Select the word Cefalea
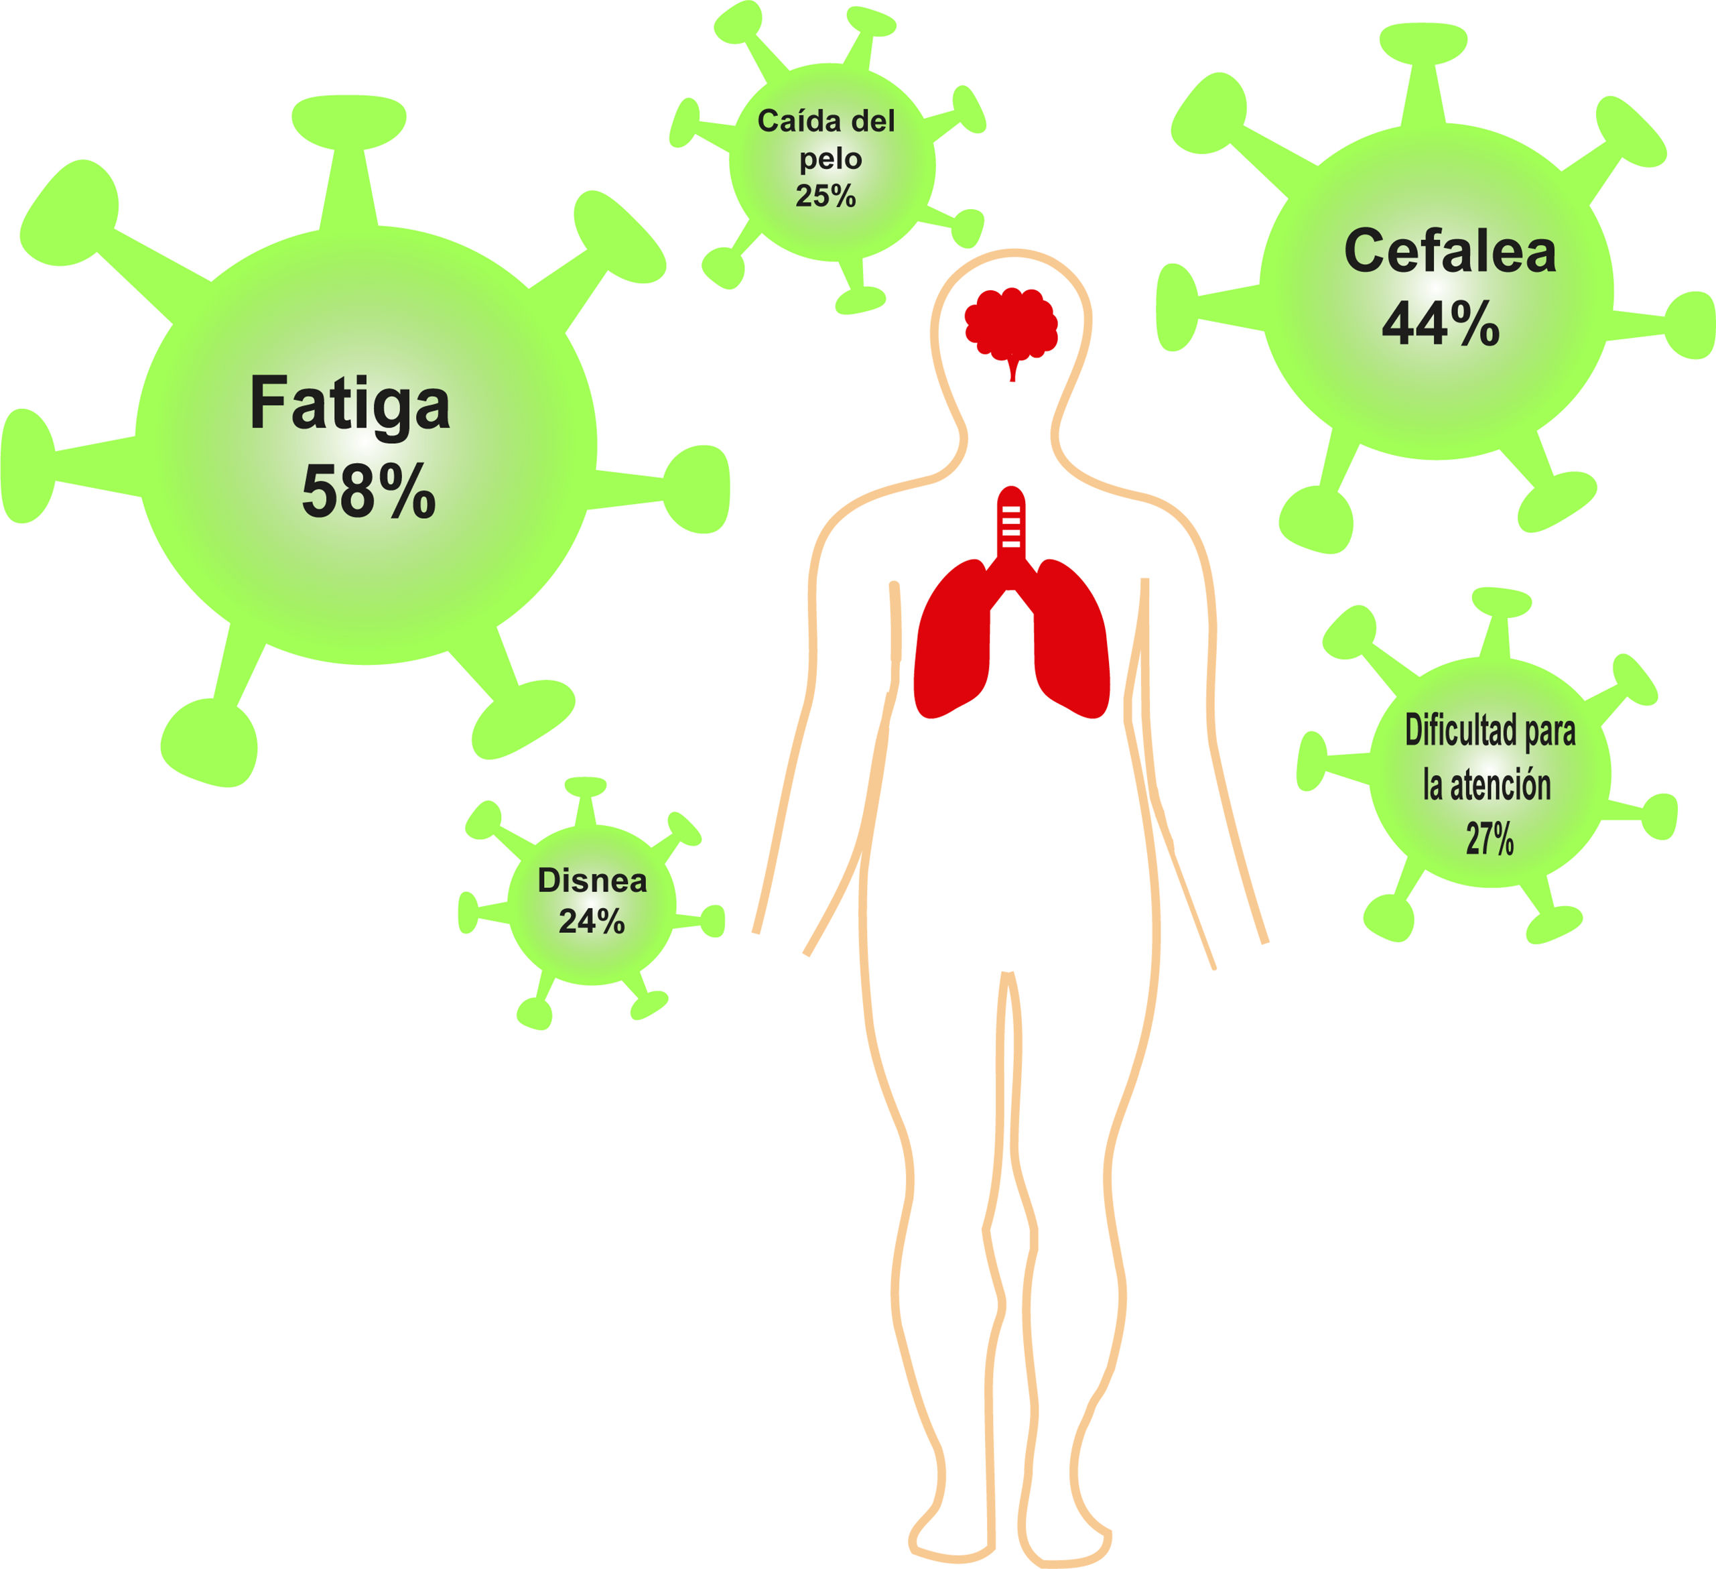(1449, 252)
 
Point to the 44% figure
(1440, 324)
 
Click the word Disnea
(592, 880)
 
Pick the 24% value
(592, 921)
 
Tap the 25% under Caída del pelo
(826, 196)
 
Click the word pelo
(830, 160)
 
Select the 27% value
(1490, 838)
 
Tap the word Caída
(791, 121)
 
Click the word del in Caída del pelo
(872, 121)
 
